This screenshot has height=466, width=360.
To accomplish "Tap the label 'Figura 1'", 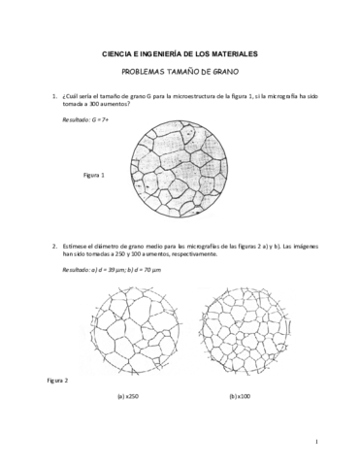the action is pos(94,176).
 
